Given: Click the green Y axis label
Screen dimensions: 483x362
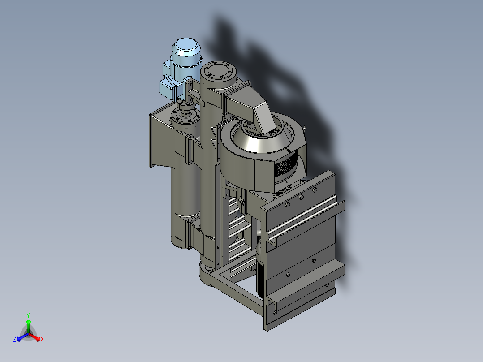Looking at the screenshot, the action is pyautogui.click(x=28, y=315).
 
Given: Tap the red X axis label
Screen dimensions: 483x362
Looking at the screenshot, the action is pyautogui.click(x=42, y=339).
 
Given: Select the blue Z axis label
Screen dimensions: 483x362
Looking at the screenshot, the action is pyautogui.click(x=15, y=339).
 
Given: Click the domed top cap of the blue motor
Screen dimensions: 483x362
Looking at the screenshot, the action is pyautogui.click(x=186, y=47).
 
